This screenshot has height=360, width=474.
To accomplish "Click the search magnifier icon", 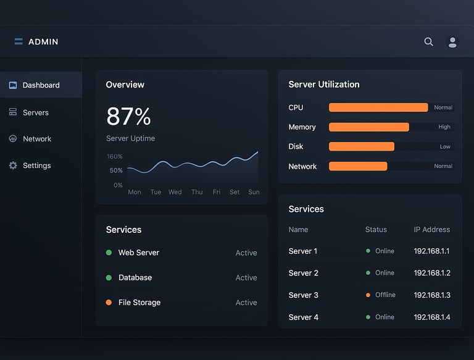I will click(x=428, y=42).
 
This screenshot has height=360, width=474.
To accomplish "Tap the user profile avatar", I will click(x=452, y=42).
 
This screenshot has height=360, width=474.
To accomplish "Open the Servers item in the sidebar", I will click(x=35, y=112).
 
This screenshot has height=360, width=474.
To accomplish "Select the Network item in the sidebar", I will click(x=36, y=139).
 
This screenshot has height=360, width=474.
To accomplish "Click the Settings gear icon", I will click(x=13, y=165).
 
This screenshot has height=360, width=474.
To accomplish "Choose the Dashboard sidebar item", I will click(x=41, y=85).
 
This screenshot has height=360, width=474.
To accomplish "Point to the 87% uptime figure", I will click(x=128, y=117).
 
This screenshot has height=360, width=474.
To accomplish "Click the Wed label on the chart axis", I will click(x=175, y=192).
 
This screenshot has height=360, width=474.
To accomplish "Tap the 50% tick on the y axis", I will click(x=116, y=170).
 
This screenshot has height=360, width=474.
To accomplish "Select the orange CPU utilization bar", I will click(x=378, y=107).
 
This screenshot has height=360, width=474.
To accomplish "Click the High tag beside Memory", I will click(x=444, y=127).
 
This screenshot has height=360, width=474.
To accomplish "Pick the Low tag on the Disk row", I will click(x=445, y=147).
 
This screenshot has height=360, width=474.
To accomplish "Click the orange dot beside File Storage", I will click(x=109, y=303).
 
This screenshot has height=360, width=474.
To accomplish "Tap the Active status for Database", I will click(x=246, y=278).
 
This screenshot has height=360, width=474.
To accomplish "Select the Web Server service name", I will click(x=139, y=253).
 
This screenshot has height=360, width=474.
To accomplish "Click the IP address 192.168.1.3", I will click(x=432, y=295).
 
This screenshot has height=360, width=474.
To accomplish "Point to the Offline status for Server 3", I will click(x=385, y=295).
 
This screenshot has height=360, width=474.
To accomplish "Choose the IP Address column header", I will click(x=432, y=230).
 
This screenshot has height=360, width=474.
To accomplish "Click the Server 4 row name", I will click(x=304, y=317).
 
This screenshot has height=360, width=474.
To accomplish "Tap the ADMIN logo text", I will click(x=43, y=42).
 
